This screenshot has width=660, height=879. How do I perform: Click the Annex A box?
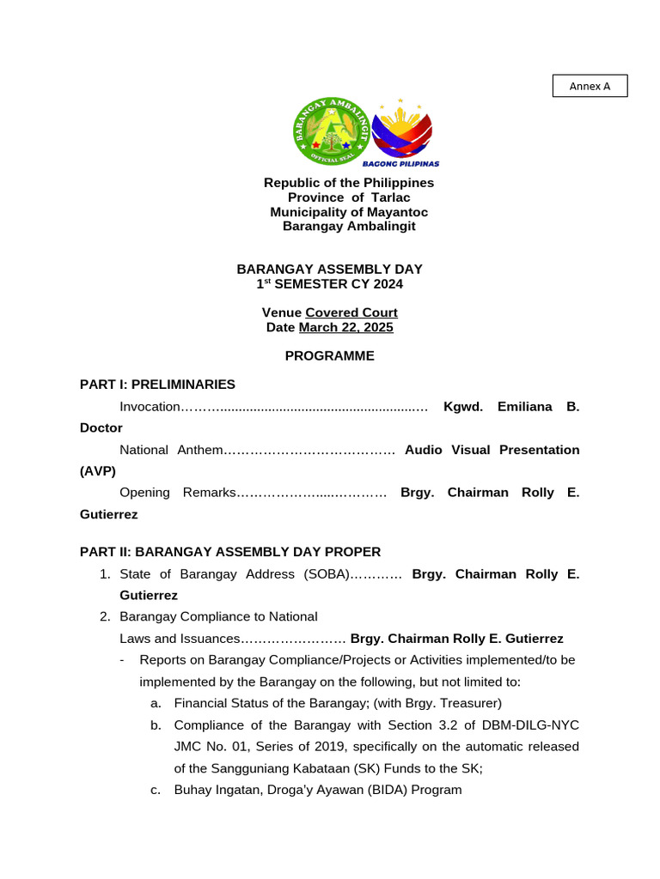point(590,86)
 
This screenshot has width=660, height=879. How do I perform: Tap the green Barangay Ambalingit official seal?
point(331,131)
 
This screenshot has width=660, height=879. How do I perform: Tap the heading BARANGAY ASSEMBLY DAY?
point(330,269)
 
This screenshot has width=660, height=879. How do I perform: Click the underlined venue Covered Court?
point(351,312)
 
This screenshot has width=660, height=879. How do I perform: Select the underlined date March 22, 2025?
point(345,327)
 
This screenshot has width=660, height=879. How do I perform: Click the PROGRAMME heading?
point(330,355)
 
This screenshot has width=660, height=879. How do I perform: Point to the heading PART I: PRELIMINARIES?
point(157,384)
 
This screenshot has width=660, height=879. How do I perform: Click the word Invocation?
point(150,406)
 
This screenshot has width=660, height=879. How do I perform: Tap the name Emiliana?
point(522,406)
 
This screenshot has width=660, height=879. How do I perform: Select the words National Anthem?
point(171,450)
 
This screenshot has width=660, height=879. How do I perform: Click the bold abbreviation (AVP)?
point(97,471)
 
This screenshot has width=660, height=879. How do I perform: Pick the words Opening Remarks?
point(177,493)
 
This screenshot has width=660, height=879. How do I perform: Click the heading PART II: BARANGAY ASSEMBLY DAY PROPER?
point(230,551)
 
